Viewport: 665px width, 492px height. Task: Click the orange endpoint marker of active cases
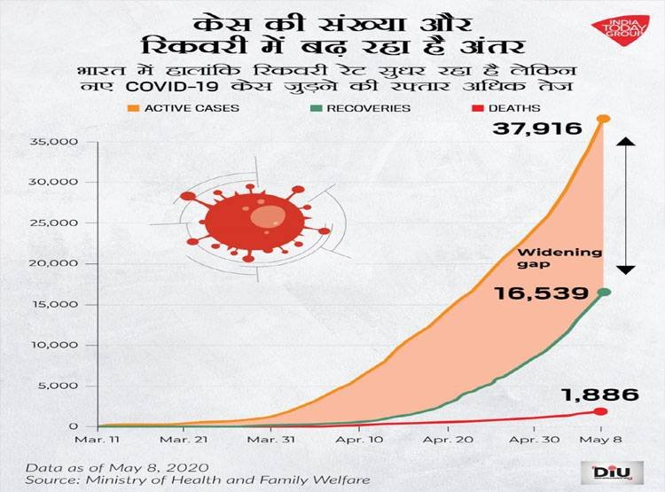603,119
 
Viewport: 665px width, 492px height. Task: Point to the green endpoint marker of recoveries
603,292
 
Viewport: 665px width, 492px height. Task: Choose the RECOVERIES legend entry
362,108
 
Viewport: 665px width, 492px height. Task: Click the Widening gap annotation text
571,258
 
